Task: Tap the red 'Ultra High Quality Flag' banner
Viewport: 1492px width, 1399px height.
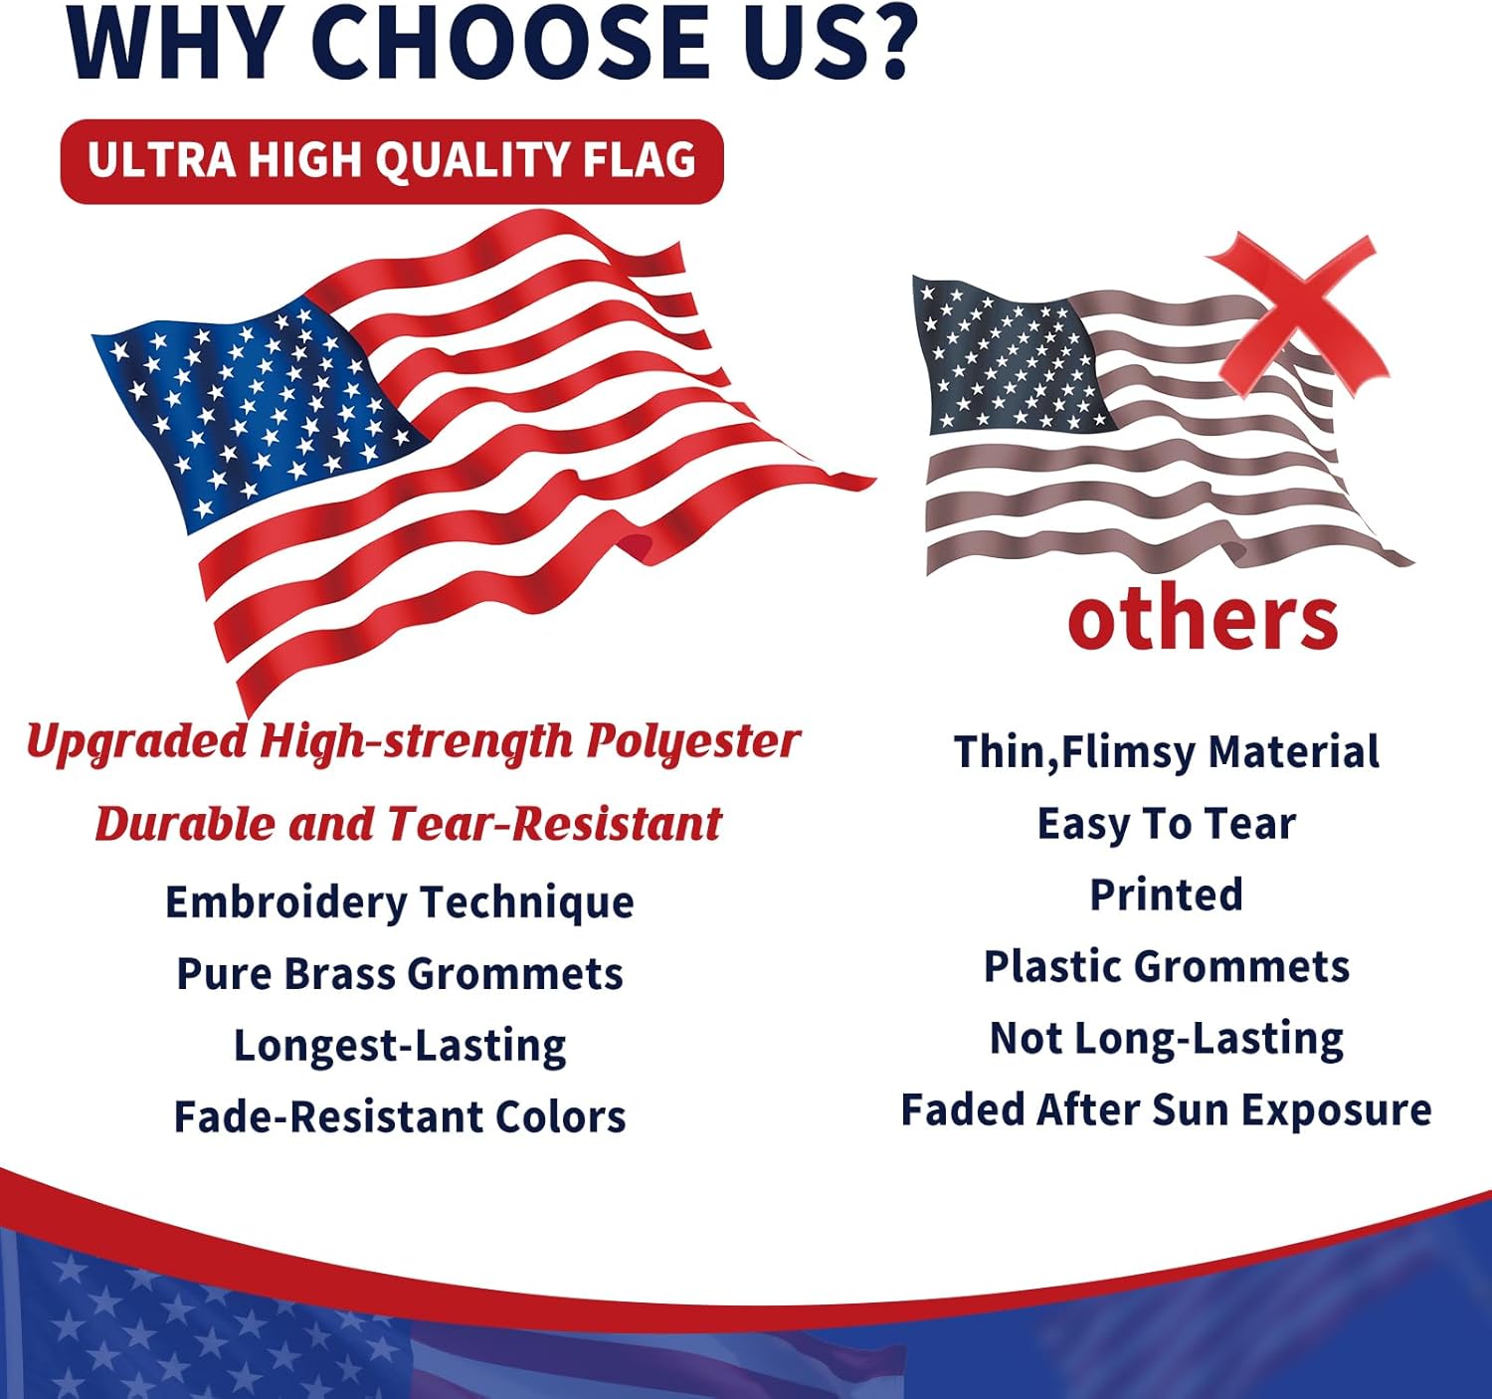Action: [x=392, y=161]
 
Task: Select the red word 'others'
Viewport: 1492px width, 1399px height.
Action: [x=1203, y=619]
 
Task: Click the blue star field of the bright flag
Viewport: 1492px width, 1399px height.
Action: [x=254, y=408]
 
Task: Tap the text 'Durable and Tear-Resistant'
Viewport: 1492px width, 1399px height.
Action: [x=408, y=824]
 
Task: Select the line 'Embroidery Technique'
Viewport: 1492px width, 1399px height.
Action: [x=399, y=902]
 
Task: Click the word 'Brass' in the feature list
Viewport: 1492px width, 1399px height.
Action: [x=339, y=974]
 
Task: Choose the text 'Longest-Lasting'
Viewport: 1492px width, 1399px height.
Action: [x=399, y=1046]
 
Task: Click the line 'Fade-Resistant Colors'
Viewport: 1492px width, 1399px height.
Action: [x=399, y=1117]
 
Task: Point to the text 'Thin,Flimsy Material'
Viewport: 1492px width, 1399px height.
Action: [x=1166, y=752]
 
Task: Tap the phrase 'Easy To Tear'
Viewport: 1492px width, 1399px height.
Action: [x=1166, y=824]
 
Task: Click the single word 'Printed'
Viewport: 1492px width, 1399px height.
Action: [x=1166, y=895]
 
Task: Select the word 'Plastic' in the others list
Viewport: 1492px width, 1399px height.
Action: [x=1053, y=966]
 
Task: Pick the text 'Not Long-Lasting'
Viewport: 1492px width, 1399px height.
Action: [x=1166, y=1038]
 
